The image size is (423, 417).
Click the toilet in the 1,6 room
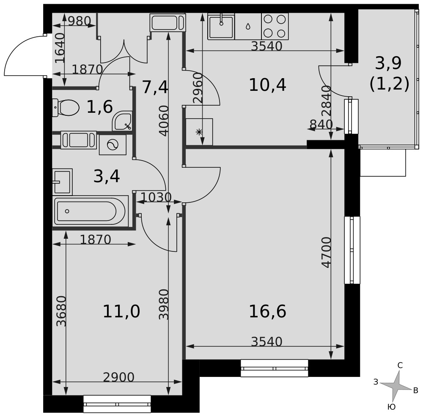point(66,108)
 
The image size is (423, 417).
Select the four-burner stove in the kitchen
point(275,26)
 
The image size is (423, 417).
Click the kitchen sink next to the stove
point(221,26)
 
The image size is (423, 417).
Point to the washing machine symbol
point(113,145)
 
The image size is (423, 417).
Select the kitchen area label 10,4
point(267,84)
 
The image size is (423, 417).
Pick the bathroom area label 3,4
point(107,177)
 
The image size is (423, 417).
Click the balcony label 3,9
point(388,63)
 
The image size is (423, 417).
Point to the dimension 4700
point(326,252)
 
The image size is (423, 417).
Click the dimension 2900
point(119,377)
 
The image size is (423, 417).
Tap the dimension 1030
point(156,197)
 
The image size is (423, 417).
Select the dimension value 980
point(80,21)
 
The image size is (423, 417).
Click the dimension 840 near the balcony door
point(321,125)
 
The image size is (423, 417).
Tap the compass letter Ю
point(391,407)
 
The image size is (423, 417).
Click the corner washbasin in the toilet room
point(122,121)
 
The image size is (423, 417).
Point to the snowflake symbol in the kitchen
point(199,132)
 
